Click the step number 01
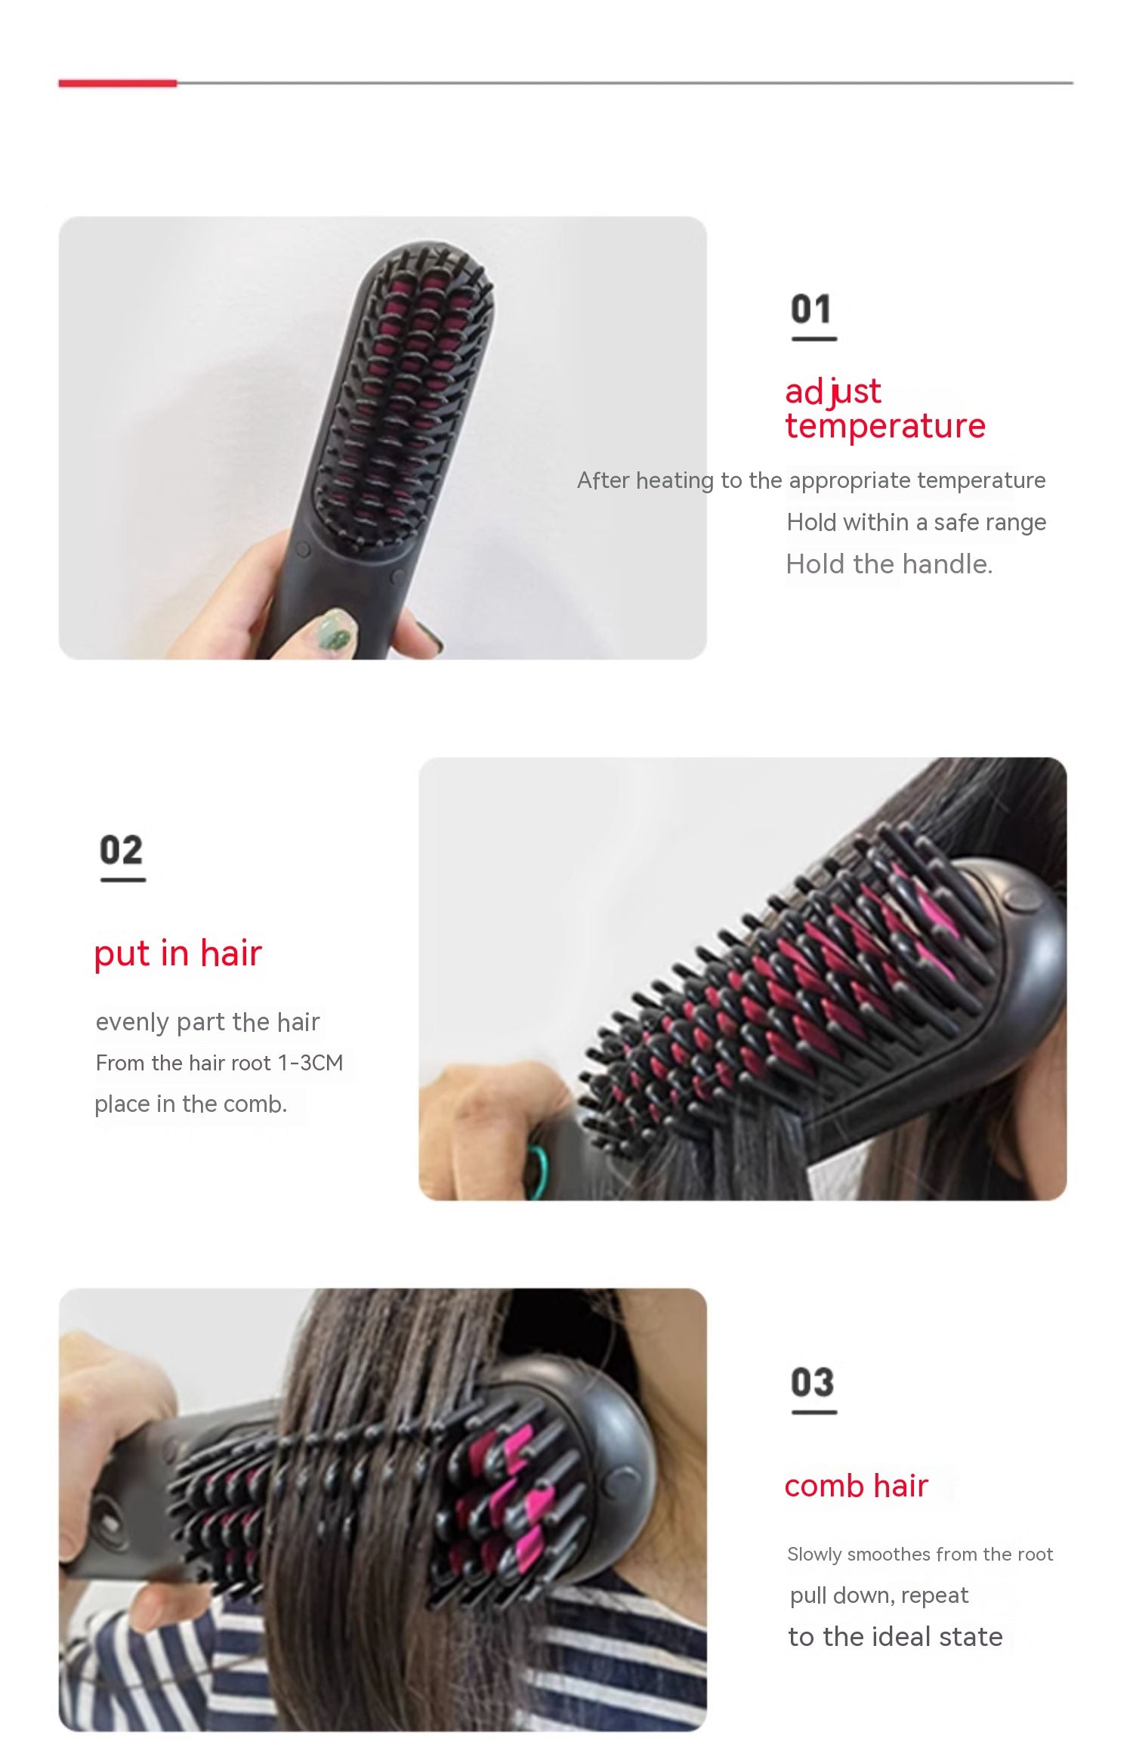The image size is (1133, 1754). [x=811, y=309]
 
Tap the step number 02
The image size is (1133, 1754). [x=121, y=851]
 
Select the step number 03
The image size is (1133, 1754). [x=813, y=1382]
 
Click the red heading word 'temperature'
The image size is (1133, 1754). [x=885, y=426]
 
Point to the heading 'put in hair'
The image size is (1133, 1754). [x=178, y=953]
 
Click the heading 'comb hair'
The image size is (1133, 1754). [x=856, y=1486]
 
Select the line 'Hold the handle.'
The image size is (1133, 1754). [x=889, y=564]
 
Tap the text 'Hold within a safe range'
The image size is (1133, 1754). [x=916, y=522]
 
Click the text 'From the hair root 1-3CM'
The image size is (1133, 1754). [x=219, y=1063]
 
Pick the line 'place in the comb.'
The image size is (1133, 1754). [x=190, y=1104]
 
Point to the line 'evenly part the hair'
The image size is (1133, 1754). [x=208, y=1022]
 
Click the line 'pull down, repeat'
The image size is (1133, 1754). [x=878, y=1595]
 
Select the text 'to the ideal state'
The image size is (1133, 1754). [x=895, y=1637]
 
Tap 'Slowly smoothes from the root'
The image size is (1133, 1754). [x=919, y=1554]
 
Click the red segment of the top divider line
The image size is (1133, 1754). [x=117, y=83]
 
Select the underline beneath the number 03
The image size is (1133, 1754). [x=813, y=1411]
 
